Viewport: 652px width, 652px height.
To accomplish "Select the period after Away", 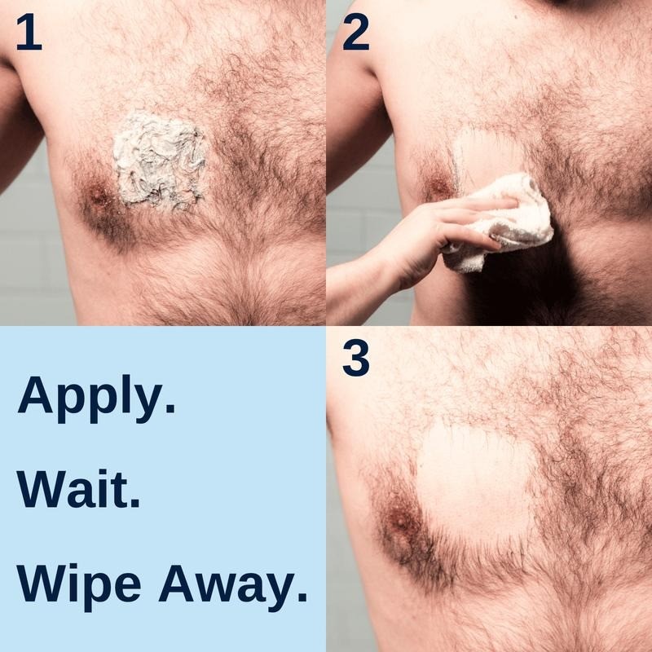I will pyautogui.click(x=302, y=596).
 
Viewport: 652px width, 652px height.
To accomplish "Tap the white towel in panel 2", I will pyautogui.click(x=501, y=224).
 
